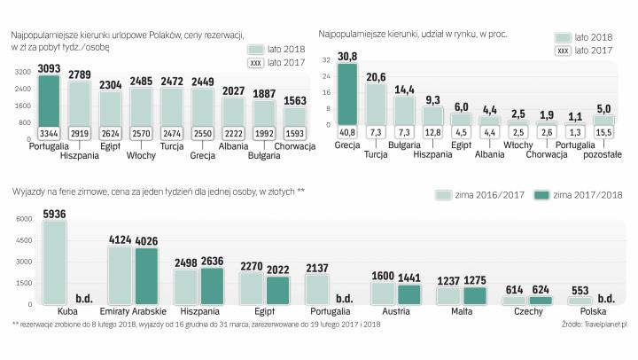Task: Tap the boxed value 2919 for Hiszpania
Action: click(x=80, y=132)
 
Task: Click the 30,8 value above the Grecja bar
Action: click(x=348, y=57)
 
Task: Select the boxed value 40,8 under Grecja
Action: click(x=348, y=132)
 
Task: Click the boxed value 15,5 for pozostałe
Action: click(x=603, y=132)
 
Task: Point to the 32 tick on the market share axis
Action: click(x=327, y=60)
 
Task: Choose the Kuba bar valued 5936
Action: click(x=55, y=262)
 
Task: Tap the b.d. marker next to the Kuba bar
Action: click(x=85, y=299)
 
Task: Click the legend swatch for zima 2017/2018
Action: click(x=541, y=195)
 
